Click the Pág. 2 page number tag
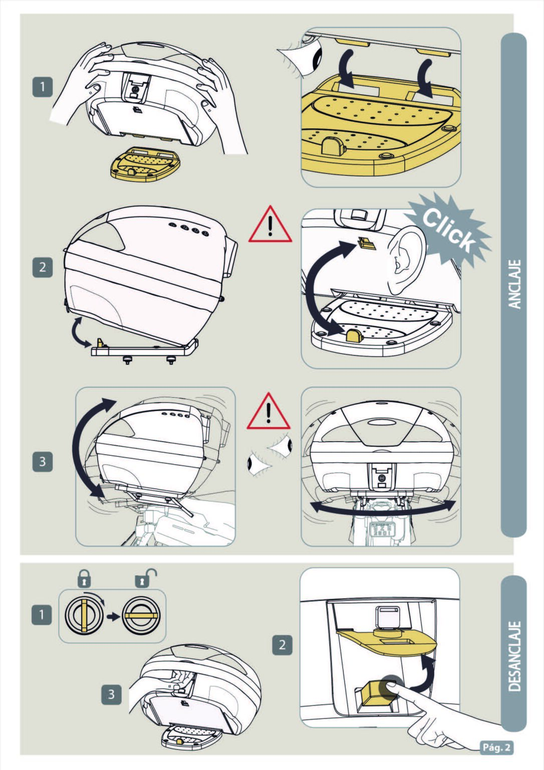pyautogui.click(x=496, y=747)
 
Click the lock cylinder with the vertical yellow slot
pyautogui.click(x=84, y=615)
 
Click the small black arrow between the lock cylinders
pyautogui.click(x=114, y=616)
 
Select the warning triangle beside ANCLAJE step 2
pyautogui.click(x=270, y=226)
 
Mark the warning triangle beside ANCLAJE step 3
pyautogui.click(x=268, y=413)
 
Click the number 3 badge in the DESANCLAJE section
pyautogui.click(x=111, y=694)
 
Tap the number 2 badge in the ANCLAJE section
pyautogui.click(x=43, y=267)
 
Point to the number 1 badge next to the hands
pyautogui.click(x=43, y=87)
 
